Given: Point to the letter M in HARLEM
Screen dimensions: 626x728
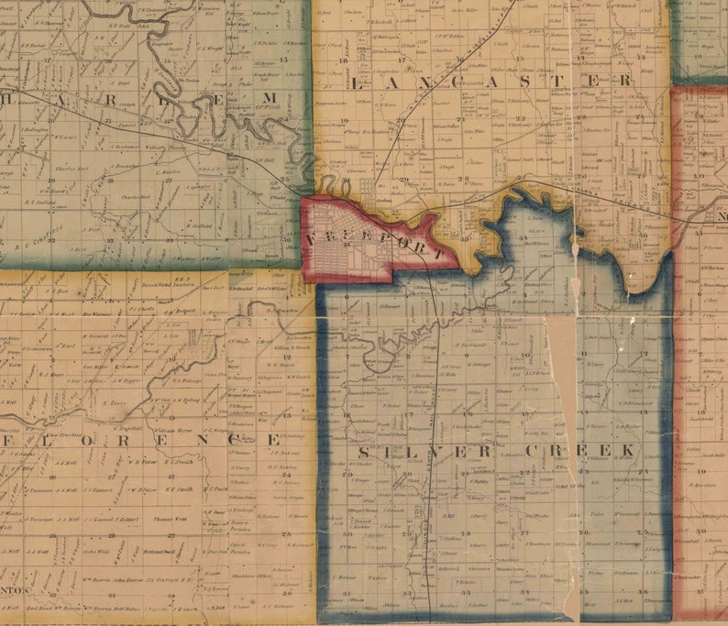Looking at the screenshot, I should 270,98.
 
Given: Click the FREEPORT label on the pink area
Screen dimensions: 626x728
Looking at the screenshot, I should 378,243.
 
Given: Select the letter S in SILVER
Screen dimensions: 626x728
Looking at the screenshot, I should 363,453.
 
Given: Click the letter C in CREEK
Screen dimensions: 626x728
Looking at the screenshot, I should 531,451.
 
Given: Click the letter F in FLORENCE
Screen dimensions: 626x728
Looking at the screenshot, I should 10,440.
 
